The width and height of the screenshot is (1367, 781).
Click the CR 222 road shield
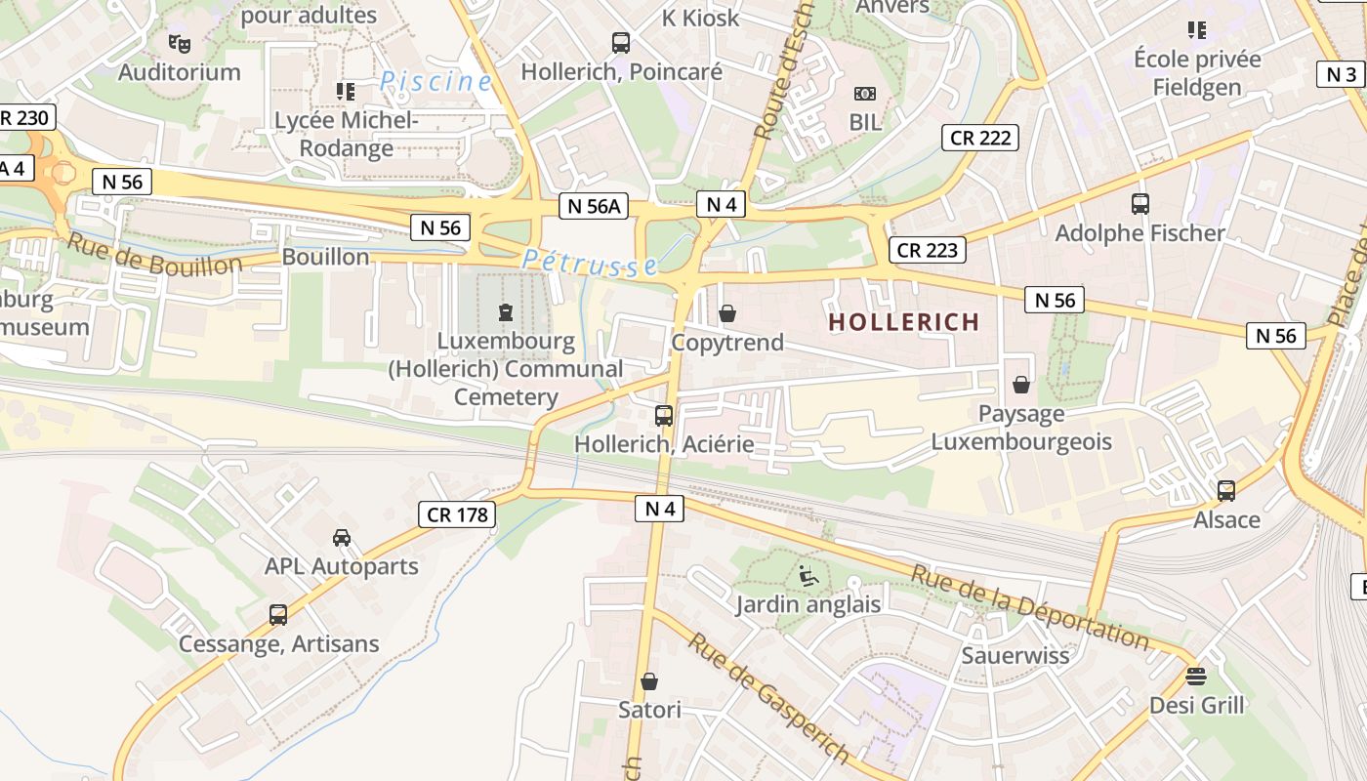click(x=980, y=138)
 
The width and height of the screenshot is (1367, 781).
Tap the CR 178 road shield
click(x=457, y=514)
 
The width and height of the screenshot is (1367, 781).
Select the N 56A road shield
click(x=594, y=206)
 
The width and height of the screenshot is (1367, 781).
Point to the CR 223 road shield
click(x=927, y=250)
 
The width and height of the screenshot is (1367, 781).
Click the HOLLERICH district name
click(x=903, y=322)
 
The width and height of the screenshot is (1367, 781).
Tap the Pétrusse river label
click(x=589, y=263)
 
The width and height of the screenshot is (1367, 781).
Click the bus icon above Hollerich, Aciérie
click(x=664, y=416)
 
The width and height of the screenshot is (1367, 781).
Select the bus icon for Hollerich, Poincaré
click(x=621, y=43)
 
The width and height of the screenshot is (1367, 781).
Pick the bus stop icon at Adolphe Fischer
click(x=1139, y=204)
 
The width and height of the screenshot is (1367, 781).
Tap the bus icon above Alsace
click(x=1226, y=490)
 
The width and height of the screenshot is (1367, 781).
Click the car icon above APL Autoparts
click(x=342, y=538)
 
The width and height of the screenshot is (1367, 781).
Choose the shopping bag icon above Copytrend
click(x=727, y=313)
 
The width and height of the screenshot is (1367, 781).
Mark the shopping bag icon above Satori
click(x=649, y=681)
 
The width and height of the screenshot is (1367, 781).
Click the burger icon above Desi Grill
click(x=1196, y=676)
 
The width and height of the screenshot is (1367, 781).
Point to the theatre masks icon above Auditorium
click(x=179, y=43)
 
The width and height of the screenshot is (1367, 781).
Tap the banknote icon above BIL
click(x=865, y=94)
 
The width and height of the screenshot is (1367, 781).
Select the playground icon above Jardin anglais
click(x=808, y=576)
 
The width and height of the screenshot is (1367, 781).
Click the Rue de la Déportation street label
click(x=1030, y=606)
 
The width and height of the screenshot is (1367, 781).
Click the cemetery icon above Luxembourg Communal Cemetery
click(x=506, y=312)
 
